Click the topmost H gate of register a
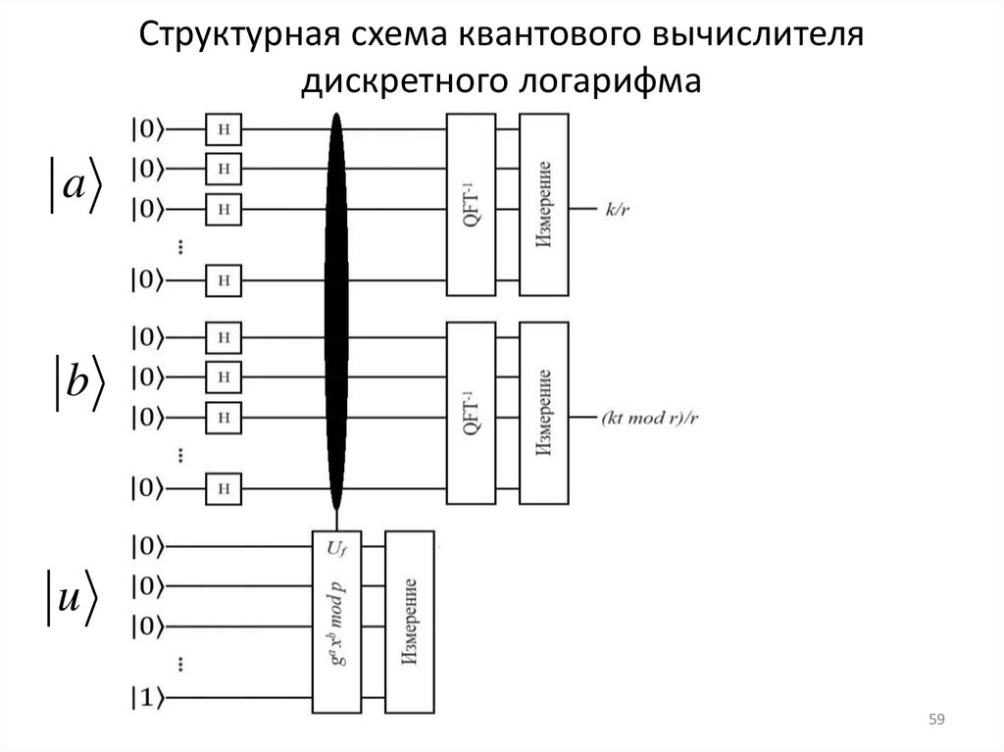pos(224,128)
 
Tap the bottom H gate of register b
pos(224,486)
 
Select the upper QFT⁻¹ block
pos(471,204)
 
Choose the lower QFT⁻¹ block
pos(471,412)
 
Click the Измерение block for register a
pos(544,204)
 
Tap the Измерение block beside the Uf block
pos(410,622)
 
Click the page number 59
pos(935,722)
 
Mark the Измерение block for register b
pos(544,412)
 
